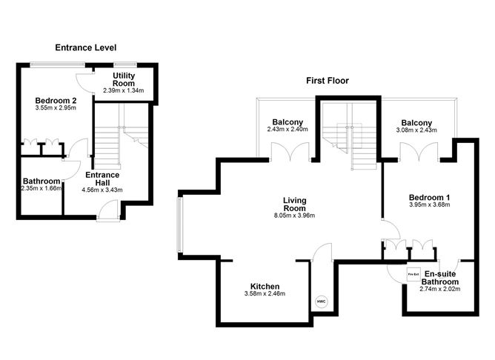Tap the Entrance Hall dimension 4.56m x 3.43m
click(102, 190)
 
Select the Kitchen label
click(264, 287)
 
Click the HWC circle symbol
click(321, 302)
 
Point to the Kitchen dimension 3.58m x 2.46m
click(264, 294)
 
